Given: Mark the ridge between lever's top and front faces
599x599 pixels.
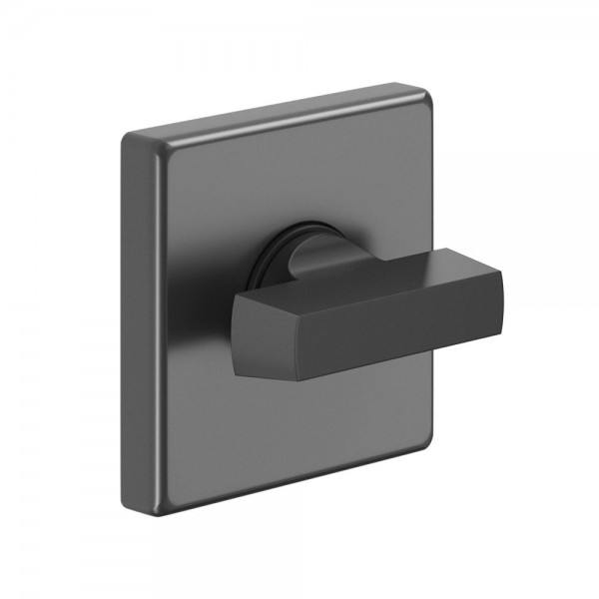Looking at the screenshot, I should tap(379, 295).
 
